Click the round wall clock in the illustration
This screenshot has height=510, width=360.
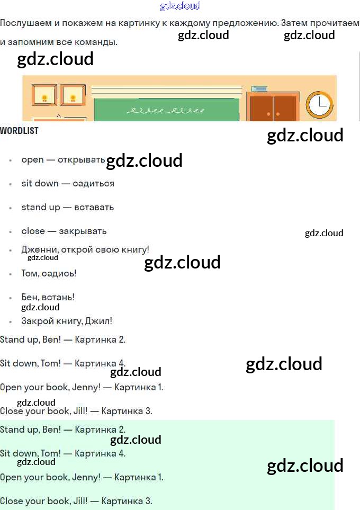point(319,103)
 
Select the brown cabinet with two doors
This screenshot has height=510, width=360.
point(273,108)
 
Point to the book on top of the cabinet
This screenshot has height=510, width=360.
point(259,89)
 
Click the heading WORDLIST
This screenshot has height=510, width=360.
point(20,131)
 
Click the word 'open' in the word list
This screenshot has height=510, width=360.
point(32,159)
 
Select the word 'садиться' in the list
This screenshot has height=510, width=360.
point(93,183)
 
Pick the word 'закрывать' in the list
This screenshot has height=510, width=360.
point(83,231)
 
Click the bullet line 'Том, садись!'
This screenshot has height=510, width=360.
point(49,273)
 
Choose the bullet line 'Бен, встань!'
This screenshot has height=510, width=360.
point(48,297)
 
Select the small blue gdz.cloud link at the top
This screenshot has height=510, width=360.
point(180,6)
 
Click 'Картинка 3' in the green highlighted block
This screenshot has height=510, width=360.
point(127,501)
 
